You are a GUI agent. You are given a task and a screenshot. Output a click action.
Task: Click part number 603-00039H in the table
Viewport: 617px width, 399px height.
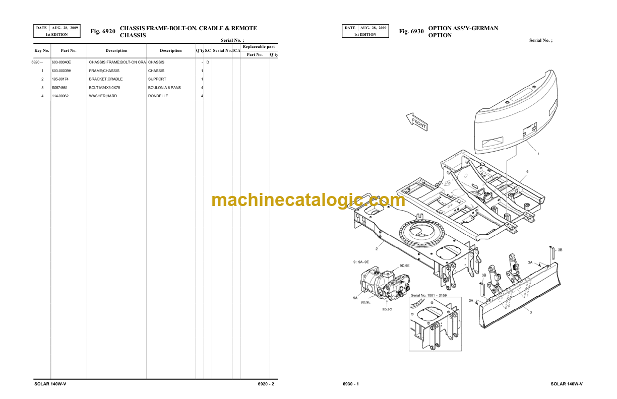coord(61,71)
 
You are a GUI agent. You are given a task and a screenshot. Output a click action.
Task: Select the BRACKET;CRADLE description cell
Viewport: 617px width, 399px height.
coord(106,79)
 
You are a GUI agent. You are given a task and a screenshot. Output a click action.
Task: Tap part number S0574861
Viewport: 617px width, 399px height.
coord(59,88)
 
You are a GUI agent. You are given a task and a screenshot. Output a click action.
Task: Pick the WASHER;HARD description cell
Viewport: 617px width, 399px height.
coord(103,96)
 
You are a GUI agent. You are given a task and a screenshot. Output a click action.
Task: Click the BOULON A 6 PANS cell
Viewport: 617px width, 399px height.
coord(164,88)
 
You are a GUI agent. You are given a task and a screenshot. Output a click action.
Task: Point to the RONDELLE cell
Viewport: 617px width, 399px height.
coord(158,96)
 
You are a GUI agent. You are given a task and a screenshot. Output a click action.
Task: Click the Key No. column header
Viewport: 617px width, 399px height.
coord(42,50)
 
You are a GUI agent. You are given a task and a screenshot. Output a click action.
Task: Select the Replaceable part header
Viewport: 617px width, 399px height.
coord(259,46)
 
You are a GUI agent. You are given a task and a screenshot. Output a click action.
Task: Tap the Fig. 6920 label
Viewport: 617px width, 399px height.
coord(103,31)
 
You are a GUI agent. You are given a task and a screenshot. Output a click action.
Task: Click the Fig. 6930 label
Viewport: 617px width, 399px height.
coord(411,31)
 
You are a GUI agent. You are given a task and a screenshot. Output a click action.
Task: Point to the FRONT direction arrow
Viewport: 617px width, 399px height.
coord(417,122)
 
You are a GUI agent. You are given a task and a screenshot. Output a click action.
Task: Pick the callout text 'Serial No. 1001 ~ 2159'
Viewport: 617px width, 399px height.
coord(429,295)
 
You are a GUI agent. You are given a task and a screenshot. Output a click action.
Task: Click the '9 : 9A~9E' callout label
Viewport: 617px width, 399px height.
coord(361,262)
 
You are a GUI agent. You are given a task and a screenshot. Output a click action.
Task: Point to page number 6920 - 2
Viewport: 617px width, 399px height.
coord(266,384)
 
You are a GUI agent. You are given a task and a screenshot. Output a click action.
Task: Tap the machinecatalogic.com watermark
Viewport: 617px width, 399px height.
coord(308,200)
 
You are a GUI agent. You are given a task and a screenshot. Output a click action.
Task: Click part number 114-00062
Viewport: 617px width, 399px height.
coord(60,96)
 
